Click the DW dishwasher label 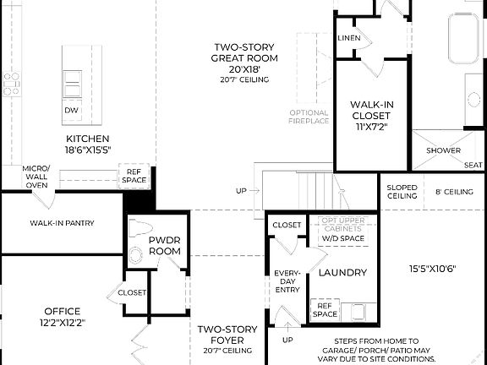(x=71, y=110)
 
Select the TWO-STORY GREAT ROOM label (x=240, y=58)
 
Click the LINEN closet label (x=348, y=39)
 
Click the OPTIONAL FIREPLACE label (x=309, y=117)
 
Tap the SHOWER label (x=443, y=151)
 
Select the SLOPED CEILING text (x=402, y=192)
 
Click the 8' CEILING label (x=453, y=192)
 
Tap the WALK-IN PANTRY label (x=62, y=223)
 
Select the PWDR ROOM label (x=165, y=245)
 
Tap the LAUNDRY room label (x=342, y=272)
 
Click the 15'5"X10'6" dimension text (x=432, y=270)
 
